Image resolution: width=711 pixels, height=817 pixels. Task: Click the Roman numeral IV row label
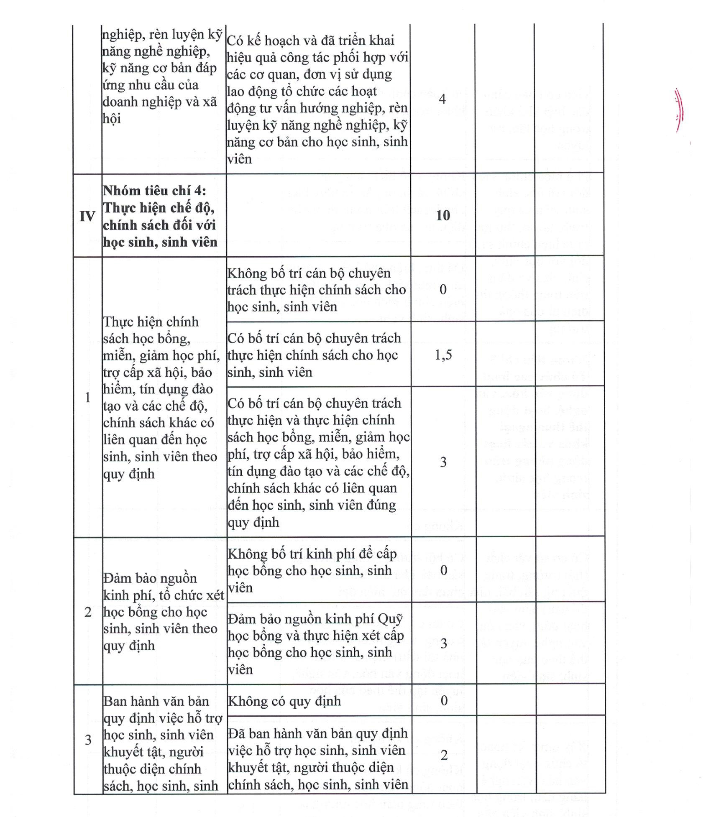click(x=87, y=216)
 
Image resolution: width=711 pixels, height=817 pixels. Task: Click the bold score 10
click(x=442, y=215)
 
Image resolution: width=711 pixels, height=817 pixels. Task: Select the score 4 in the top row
click(x=442, y=100)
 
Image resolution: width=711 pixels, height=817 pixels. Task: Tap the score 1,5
click(x=443, y=355)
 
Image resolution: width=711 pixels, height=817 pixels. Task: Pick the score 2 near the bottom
click(x=444, y=755)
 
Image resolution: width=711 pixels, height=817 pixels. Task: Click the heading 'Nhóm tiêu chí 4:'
click(x=154, y=191)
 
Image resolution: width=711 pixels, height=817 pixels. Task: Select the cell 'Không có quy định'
click(x=284, y=701)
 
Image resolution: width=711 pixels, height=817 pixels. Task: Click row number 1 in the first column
click(x=87, y=397)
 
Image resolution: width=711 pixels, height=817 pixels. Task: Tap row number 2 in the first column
click(x=87, y=612)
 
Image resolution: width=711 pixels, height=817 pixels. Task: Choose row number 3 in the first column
click(x=88, y=740)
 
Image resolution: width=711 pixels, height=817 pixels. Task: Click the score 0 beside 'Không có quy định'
click(x=444, y=701)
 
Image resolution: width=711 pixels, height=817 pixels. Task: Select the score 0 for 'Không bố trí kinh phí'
click(x=443, y=570)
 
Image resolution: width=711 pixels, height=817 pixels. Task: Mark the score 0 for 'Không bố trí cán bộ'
click(x=443, y=289)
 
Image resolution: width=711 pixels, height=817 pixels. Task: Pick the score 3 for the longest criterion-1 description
click(x=443, y=462)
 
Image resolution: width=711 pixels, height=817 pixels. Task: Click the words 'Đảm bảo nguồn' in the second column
click(x=150, y=578)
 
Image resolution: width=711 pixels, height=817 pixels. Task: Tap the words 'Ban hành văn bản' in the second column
click(x=156, y=701)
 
